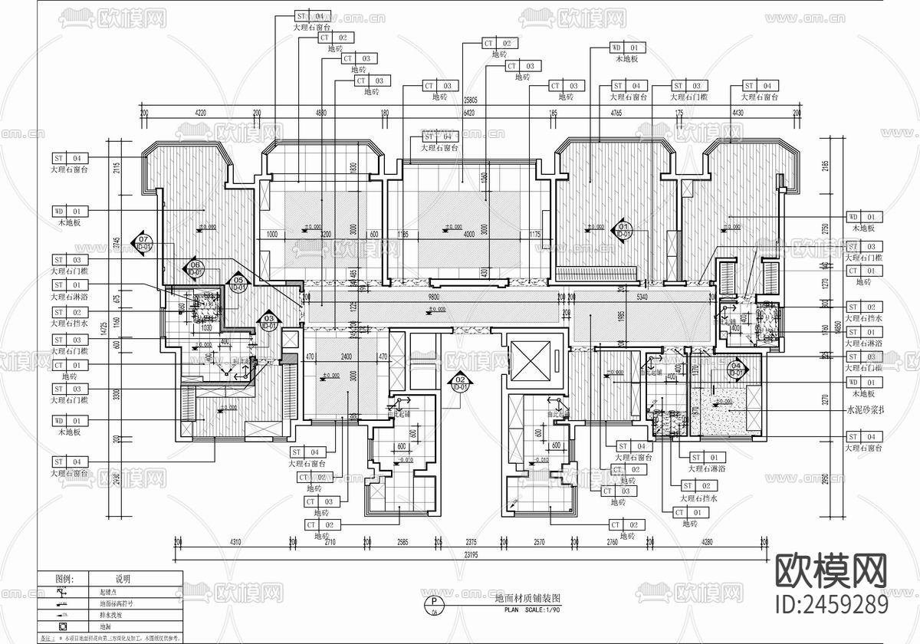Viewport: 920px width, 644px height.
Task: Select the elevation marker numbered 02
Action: [460, 381]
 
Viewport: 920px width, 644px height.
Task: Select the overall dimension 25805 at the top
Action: [471, 100]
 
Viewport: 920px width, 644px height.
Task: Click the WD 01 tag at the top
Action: [628, 48]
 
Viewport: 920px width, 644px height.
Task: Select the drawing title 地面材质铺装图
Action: [528, 597]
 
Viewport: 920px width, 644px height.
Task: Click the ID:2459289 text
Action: [833, 605]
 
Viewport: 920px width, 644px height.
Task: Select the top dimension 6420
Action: [469, 113]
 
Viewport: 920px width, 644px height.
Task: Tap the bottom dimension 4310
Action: [235, 542]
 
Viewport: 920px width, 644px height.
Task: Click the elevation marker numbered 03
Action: [268, 321]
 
